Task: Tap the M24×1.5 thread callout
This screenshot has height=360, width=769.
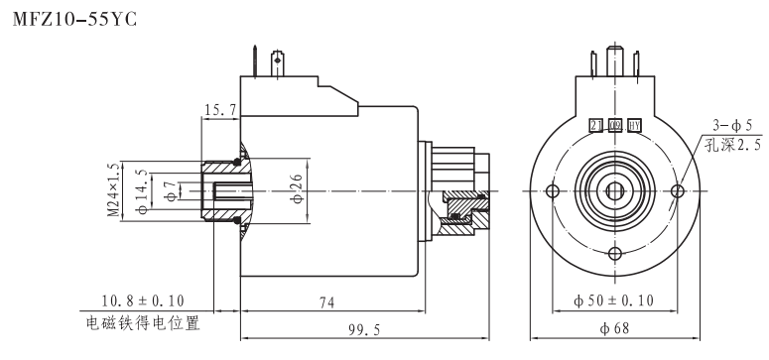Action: (114, 189)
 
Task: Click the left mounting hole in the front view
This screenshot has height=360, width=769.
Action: (554, 190)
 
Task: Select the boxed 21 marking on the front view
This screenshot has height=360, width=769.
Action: (596, 125)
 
